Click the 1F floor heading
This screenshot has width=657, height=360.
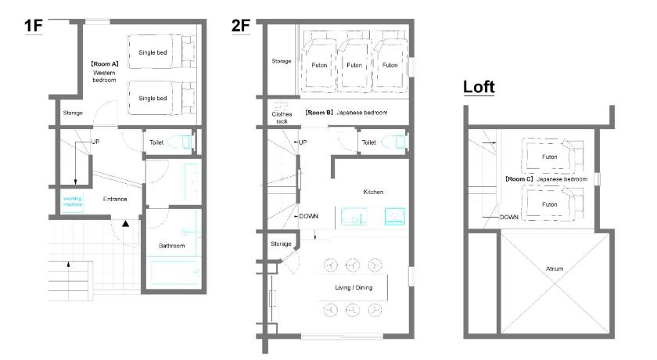click(34, 26)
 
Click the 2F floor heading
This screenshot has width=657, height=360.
click(241, 26)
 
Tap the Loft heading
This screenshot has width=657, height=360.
click(479, 87)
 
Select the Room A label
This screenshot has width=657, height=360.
click(104, 64)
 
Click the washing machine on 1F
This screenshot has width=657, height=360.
click(73, 202)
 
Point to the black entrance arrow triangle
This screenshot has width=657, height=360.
click(125, 224)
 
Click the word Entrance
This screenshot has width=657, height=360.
click(115, 199)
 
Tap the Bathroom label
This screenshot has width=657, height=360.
click(172, 246)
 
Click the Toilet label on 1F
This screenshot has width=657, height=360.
click(156, 142)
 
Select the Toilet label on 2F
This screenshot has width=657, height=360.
click(368, 142)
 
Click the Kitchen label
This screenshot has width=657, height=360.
click(373, 192)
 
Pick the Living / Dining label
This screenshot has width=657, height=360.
click(354, 287)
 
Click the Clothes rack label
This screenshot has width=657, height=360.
click(282, 117)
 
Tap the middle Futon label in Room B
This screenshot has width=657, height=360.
click(354, 65)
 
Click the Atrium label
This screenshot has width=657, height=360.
click(555, 268)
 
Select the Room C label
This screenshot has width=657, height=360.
click(519, 179)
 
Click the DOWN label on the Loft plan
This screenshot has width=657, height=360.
click(508, 217)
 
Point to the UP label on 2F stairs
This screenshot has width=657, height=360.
click(303, 142)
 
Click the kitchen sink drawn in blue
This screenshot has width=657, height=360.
click(354, 217)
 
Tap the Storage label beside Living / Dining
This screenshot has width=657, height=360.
click(281, 243)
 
